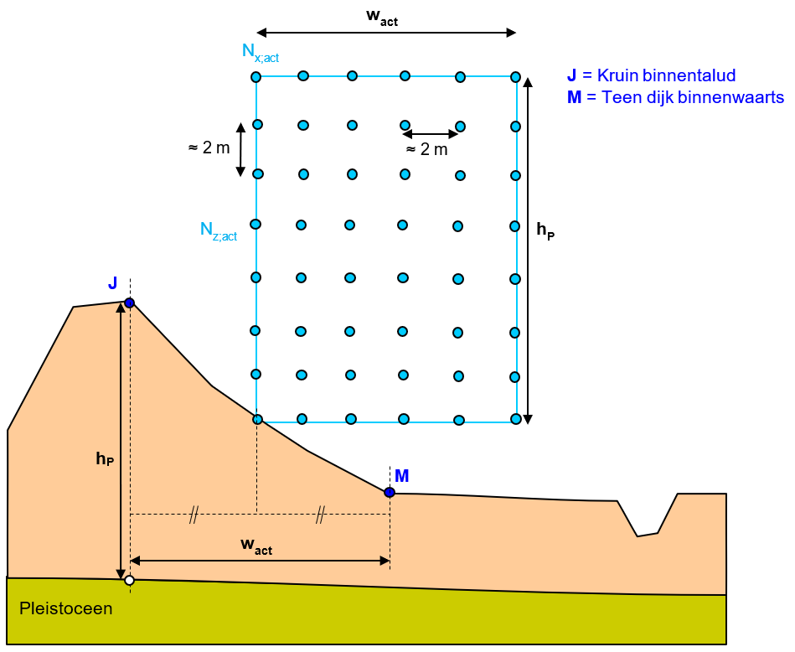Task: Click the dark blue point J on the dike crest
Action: (129, 303)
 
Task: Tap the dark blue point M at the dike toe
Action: (390, 492)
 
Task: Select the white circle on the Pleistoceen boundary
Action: (129, 580)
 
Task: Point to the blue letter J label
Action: (113, 283)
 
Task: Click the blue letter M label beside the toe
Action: (402, 476)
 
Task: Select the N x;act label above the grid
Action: (260, 53)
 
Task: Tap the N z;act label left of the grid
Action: (218, 230)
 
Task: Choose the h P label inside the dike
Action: (105, 458)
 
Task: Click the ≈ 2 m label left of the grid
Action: (209, 148)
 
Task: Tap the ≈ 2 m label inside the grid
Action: (426, 150)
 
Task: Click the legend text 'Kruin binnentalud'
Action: (660, 76)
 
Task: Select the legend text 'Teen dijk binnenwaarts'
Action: (684, 97)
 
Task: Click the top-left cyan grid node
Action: (256, 77)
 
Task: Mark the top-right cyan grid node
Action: (516, 76)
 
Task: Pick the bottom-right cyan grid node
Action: (516, 418)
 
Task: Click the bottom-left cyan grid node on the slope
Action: (257, 419)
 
